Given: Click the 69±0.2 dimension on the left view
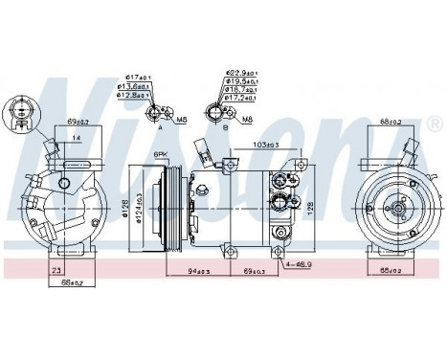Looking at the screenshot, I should pos(78,123).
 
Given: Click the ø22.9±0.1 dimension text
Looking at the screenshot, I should pos(239,73).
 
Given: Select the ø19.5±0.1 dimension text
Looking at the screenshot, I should pos(239,82).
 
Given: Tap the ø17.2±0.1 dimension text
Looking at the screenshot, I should pos(239,98).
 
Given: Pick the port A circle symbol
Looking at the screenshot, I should pos(155,114).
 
